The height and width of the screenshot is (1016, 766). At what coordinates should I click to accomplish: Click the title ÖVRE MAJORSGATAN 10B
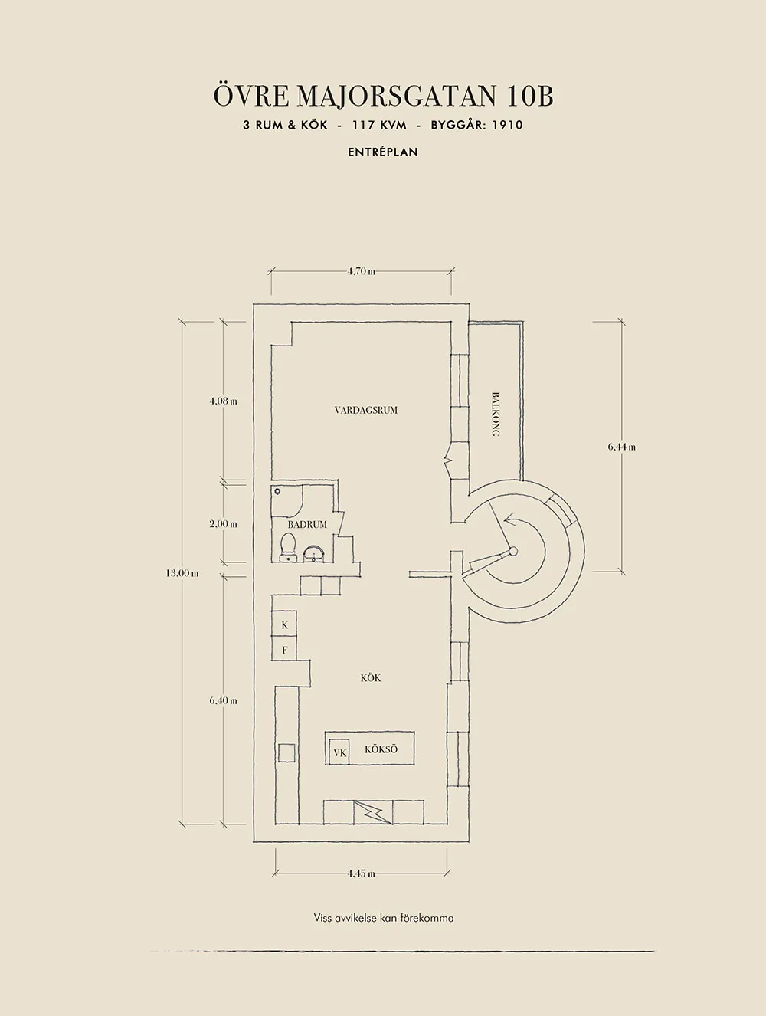point(383,96)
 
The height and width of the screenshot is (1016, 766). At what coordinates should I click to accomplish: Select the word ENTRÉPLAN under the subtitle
point(383,152)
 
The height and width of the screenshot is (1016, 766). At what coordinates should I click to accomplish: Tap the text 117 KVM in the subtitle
point(379,125)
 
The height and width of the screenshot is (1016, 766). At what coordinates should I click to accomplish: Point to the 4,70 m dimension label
point(361,271)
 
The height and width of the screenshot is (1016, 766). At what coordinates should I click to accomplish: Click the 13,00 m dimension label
point(182,572)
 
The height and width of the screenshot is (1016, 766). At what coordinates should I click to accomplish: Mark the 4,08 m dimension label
point(224,401)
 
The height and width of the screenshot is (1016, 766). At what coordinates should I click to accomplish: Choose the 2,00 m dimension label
point(224,524)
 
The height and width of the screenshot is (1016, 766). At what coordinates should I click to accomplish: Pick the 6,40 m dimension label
point(224,700)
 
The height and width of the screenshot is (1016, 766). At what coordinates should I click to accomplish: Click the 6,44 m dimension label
point(621,447)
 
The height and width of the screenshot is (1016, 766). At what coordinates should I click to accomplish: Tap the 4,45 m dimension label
point(361,873)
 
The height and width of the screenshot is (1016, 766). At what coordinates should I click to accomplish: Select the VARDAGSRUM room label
point(366,410)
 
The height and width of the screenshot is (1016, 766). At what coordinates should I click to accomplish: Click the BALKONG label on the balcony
point(496,415)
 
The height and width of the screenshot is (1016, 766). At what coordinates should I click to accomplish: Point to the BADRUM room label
point(307,525)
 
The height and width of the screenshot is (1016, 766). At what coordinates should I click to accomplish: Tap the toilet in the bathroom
point(288,546)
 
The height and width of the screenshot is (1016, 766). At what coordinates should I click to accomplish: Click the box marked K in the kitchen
point(285,625)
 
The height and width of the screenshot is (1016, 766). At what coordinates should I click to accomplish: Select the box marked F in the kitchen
point(285,651)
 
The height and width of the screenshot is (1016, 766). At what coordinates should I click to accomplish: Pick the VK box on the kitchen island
point(340,753)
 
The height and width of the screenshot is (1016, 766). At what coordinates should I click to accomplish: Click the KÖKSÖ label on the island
point(381,749)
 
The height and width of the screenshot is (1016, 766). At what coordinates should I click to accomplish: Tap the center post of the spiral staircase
point(513,551)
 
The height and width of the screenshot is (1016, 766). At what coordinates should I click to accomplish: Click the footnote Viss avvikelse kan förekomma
point(384,918)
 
